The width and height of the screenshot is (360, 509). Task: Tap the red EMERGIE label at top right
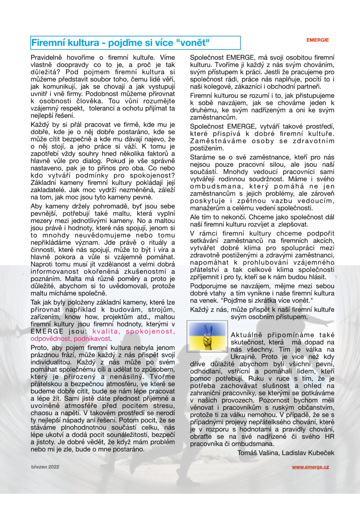click(x=318, y=40)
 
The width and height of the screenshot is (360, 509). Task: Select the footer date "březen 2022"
click(x=45, y=467)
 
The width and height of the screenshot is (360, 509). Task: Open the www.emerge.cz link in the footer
click(x=310, y=467)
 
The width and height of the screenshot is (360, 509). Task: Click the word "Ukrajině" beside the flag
click(x=244, y=357)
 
